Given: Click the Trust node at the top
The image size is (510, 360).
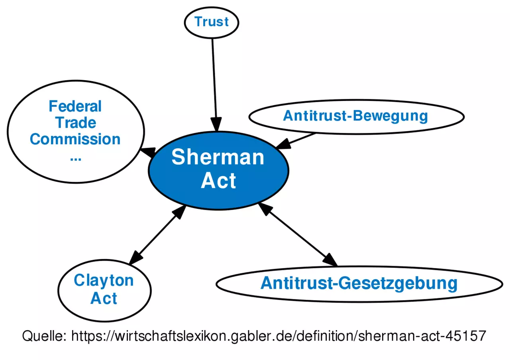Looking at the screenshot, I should point(212,22).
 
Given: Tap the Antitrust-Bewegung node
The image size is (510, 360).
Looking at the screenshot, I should point(356,116).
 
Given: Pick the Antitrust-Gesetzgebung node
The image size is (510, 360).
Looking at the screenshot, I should point(359,283).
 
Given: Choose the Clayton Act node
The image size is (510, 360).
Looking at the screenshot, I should point(104,289).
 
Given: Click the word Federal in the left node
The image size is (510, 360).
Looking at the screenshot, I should point(75,106).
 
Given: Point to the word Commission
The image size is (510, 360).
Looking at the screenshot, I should point(75,139).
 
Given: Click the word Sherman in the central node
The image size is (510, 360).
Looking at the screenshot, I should point(218,157).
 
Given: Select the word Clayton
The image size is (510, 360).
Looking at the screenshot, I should point(104,280).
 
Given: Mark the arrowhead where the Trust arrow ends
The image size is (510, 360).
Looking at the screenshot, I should point(216,126).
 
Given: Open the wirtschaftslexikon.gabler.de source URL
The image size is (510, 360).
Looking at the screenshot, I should point(279,336).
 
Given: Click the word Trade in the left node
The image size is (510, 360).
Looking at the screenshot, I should point(76,123).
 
